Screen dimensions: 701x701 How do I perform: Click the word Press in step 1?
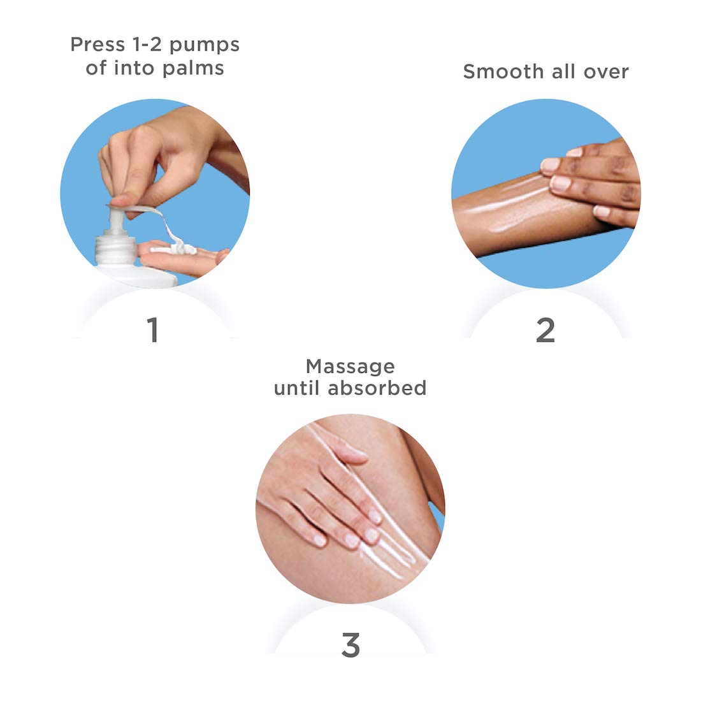coord(98,45)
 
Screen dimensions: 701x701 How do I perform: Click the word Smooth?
coord(503,71)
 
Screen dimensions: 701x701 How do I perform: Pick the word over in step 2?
coord(606,73)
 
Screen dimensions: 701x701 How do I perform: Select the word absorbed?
coord(377,388)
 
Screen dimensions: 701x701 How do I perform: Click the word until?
coord(297,388)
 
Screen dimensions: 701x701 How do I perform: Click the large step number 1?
coord(153,330)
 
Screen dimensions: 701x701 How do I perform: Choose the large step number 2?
coord(546,330)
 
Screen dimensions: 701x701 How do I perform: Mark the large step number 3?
coord(350,645)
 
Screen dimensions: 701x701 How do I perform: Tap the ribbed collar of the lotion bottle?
coord(116,250)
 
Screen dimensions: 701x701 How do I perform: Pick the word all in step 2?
coord(563,71)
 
